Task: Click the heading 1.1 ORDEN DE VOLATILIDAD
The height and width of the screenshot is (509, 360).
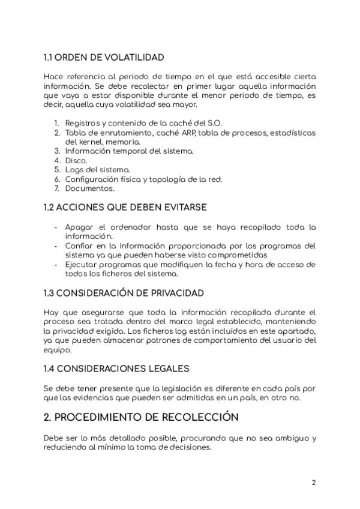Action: [x=103, y=58]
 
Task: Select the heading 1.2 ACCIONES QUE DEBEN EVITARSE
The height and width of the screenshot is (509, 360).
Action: [x=125, y=207]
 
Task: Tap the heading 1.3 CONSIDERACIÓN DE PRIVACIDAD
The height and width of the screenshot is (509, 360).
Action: [x=124, y=293]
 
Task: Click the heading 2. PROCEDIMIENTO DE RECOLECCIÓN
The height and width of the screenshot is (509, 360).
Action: [x=141, y=417]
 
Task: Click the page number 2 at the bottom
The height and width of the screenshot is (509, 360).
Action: [x=313, y=483]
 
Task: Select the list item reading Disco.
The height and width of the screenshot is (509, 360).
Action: [x=76, y=161]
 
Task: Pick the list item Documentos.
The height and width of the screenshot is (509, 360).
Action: [x=89, y=188]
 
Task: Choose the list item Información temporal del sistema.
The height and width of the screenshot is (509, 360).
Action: [x=129, y=151]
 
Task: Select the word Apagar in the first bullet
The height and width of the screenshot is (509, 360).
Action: [x=80, y=227]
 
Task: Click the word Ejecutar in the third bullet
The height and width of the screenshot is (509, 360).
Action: [x=83, y=264]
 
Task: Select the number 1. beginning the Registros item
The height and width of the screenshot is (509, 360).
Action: [x=56, y=124]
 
